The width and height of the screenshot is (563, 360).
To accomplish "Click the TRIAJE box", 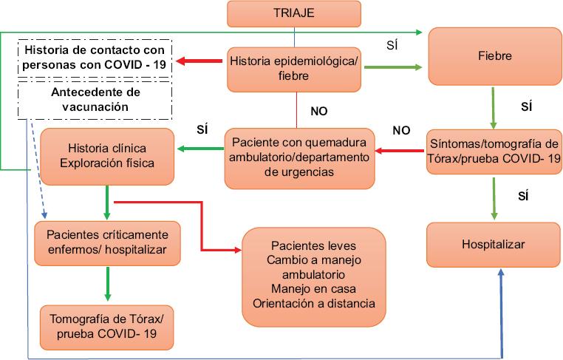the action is click(294, 13).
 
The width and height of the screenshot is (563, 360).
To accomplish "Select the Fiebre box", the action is click(495, 56).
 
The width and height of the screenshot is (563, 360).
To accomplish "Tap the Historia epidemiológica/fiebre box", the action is click(294, 69).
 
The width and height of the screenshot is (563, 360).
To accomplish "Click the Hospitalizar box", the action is click(494, 245).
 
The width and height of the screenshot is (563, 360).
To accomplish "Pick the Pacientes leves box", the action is click(314, 277).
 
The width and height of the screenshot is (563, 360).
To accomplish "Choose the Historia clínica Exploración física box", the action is click(107, 156).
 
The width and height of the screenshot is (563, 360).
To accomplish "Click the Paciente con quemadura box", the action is click(299, 158).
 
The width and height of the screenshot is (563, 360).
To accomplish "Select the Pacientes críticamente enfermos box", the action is click(107, 243).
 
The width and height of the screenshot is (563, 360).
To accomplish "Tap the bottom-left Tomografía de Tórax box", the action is click(106, 327).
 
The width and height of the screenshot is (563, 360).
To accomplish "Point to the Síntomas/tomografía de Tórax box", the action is click(494, 152).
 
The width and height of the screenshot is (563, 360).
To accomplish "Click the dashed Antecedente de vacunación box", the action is click(95, 100).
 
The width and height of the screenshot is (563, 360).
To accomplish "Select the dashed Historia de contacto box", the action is click(95, 58).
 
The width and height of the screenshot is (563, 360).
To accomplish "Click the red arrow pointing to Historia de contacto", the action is click(199, 61).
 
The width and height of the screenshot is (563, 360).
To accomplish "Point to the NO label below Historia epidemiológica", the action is click(319, 112).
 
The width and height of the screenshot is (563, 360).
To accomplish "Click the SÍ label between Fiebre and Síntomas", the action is click(526, 106).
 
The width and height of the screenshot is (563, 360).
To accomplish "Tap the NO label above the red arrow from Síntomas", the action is click(401, 130).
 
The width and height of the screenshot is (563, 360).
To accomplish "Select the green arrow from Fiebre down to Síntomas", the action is click(494, 108).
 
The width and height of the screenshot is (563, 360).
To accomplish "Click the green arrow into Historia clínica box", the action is click(201, 149).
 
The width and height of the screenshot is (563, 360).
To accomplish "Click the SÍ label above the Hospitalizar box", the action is click(523, 196).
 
